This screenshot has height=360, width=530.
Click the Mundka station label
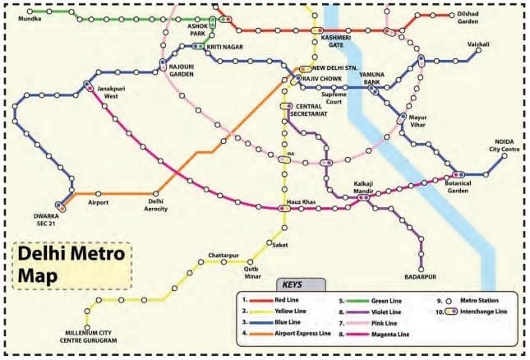(x=30, y=17)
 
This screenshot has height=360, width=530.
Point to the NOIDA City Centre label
(x=505, y=145)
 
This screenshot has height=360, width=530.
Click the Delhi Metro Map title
(x=71, y=265)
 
